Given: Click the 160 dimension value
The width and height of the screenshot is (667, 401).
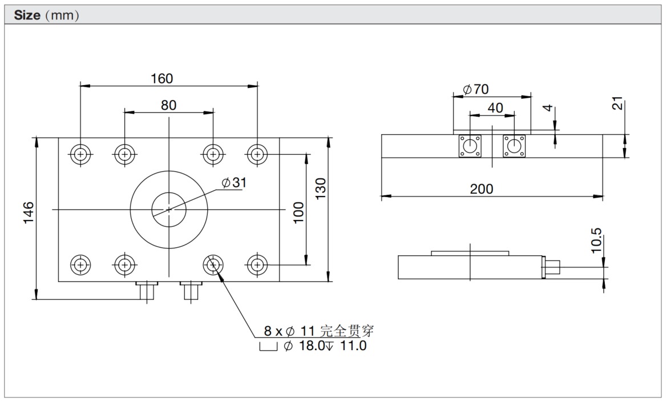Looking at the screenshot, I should pyautogui.click(x=161, y=78).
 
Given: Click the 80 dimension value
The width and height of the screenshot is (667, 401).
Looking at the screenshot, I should pyautogui.click(x=168, y=105).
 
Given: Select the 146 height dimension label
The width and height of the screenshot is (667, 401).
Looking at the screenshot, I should pyautogui.click(x=29, y=212).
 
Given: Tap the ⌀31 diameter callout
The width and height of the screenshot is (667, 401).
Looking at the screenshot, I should pyautogui.click(x=234, y=183).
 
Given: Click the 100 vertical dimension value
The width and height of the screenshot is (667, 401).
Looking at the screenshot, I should pyautogui.click(x=298, y=212).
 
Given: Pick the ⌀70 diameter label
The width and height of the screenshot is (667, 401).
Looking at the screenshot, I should pyautogui.click(x=476, y=90).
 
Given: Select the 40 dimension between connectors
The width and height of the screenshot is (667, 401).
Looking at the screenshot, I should pyautogui.click(x=495, y=107).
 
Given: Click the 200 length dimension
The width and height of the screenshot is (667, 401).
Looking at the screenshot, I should pyautogui.click(x=482, y=189).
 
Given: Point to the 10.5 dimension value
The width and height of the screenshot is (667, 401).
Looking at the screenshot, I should pyautogui.click(x=596, y=240).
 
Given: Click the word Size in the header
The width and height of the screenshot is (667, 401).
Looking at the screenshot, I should pyautogui.click(x=26, y=15).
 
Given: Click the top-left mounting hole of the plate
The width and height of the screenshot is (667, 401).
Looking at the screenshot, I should pyautogui.click(x=80, y=154).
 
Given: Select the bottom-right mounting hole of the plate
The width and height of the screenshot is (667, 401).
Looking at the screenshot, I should pyautogui.click(x=257, y=264).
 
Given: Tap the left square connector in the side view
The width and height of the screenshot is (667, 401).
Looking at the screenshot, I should pyautogui.click(x=470, y=146).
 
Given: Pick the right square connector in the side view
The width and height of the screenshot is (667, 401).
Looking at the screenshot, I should pyautogui.click(x=514, y=146).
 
